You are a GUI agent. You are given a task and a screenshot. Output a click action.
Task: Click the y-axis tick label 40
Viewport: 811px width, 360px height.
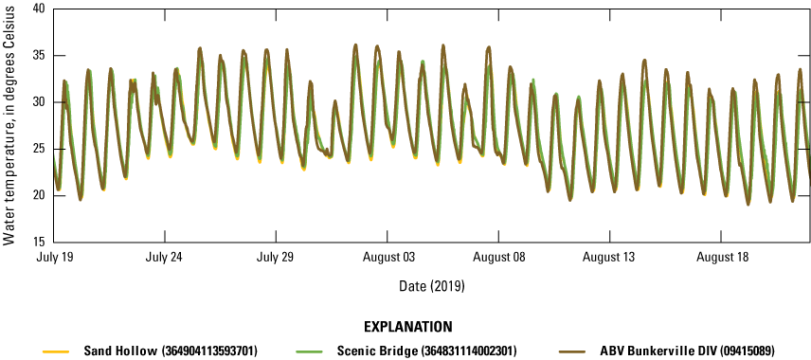pos(39,9)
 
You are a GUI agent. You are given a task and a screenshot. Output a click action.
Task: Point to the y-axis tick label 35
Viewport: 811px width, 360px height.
pos(39,55)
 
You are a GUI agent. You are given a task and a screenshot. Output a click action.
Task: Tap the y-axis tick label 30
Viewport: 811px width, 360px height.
pos(39,101)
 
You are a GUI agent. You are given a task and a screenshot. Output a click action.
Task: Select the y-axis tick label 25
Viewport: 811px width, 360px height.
pos(39,149)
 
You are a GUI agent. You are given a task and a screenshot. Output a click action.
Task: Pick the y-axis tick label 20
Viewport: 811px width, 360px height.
pos(39,195)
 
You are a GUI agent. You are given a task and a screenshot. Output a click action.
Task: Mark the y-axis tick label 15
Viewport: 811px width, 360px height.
pos(39,242)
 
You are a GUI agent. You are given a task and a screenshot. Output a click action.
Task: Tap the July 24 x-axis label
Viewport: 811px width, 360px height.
pos(165,257)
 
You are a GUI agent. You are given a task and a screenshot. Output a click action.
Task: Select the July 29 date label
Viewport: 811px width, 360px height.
pos(277,257)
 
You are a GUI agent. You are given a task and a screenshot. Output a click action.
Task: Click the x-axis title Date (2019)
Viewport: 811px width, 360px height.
pos(431,284)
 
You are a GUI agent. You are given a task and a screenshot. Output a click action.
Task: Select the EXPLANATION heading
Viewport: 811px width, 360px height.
pos(405,328)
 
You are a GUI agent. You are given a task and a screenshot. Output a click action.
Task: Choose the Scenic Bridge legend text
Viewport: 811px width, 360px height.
pos(415,351)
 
